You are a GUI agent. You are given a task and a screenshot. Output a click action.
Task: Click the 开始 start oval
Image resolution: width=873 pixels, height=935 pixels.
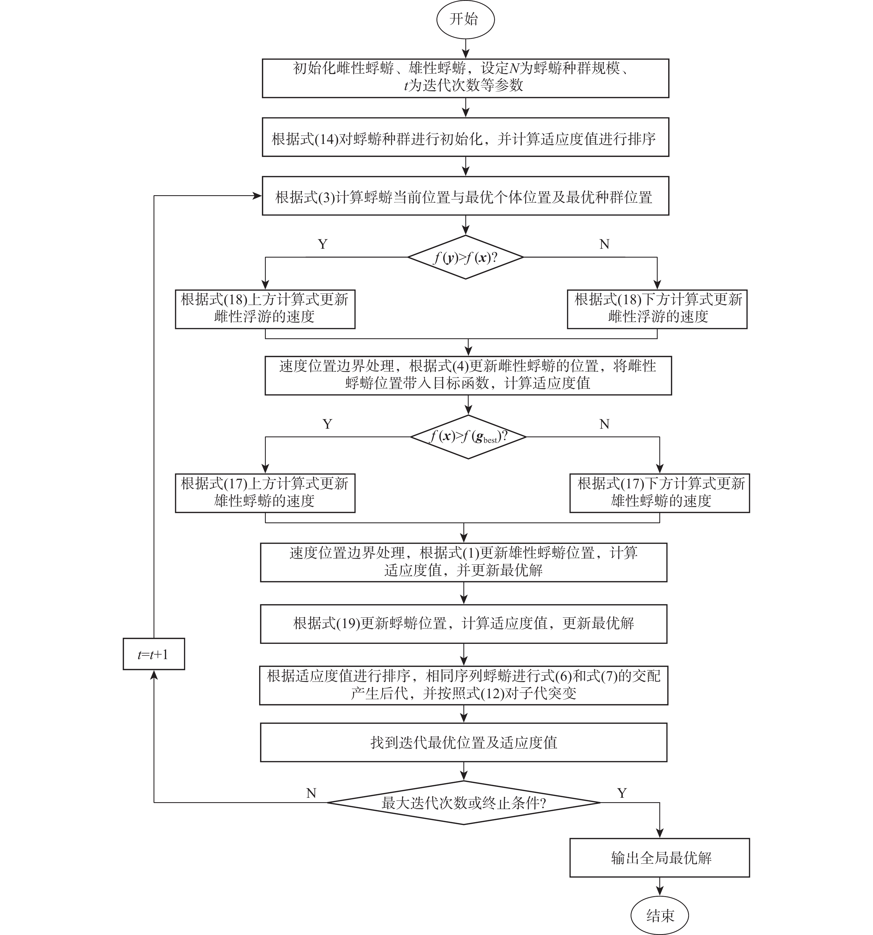[464, 20]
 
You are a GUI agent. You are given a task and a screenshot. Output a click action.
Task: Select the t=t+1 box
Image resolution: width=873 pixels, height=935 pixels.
[154, 654]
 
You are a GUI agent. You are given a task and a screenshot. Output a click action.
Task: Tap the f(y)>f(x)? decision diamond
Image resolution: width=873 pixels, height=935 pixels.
[465, 257]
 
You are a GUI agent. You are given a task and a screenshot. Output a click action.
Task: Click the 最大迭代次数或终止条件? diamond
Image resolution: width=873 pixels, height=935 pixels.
[464, 803]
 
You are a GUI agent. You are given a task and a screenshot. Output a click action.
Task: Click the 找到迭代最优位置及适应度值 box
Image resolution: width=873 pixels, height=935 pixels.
[464, 743]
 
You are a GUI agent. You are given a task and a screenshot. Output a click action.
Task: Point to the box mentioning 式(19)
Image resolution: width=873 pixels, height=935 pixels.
[464, 624]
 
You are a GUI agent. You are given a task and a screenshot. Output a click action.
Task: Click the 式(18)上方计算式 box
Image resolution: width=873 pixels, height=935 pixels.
[265, 309]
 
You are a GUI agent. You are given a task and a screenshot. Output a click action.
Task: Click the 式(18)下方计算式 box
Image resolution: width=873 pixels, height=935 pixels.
[657, 309]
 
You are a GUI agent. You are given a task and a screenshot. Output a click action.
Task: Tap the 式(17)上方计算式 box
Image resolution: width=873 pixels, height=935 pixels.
[265, 493]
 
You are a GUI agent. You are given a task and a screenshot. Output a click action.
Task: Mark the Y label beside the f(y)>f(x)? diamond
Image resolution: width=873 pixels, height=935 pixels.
[323, 244]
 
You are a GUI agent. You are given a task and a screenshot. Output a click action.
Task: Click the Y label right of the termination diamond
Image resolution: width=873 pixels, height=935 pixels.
[622, 793]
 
